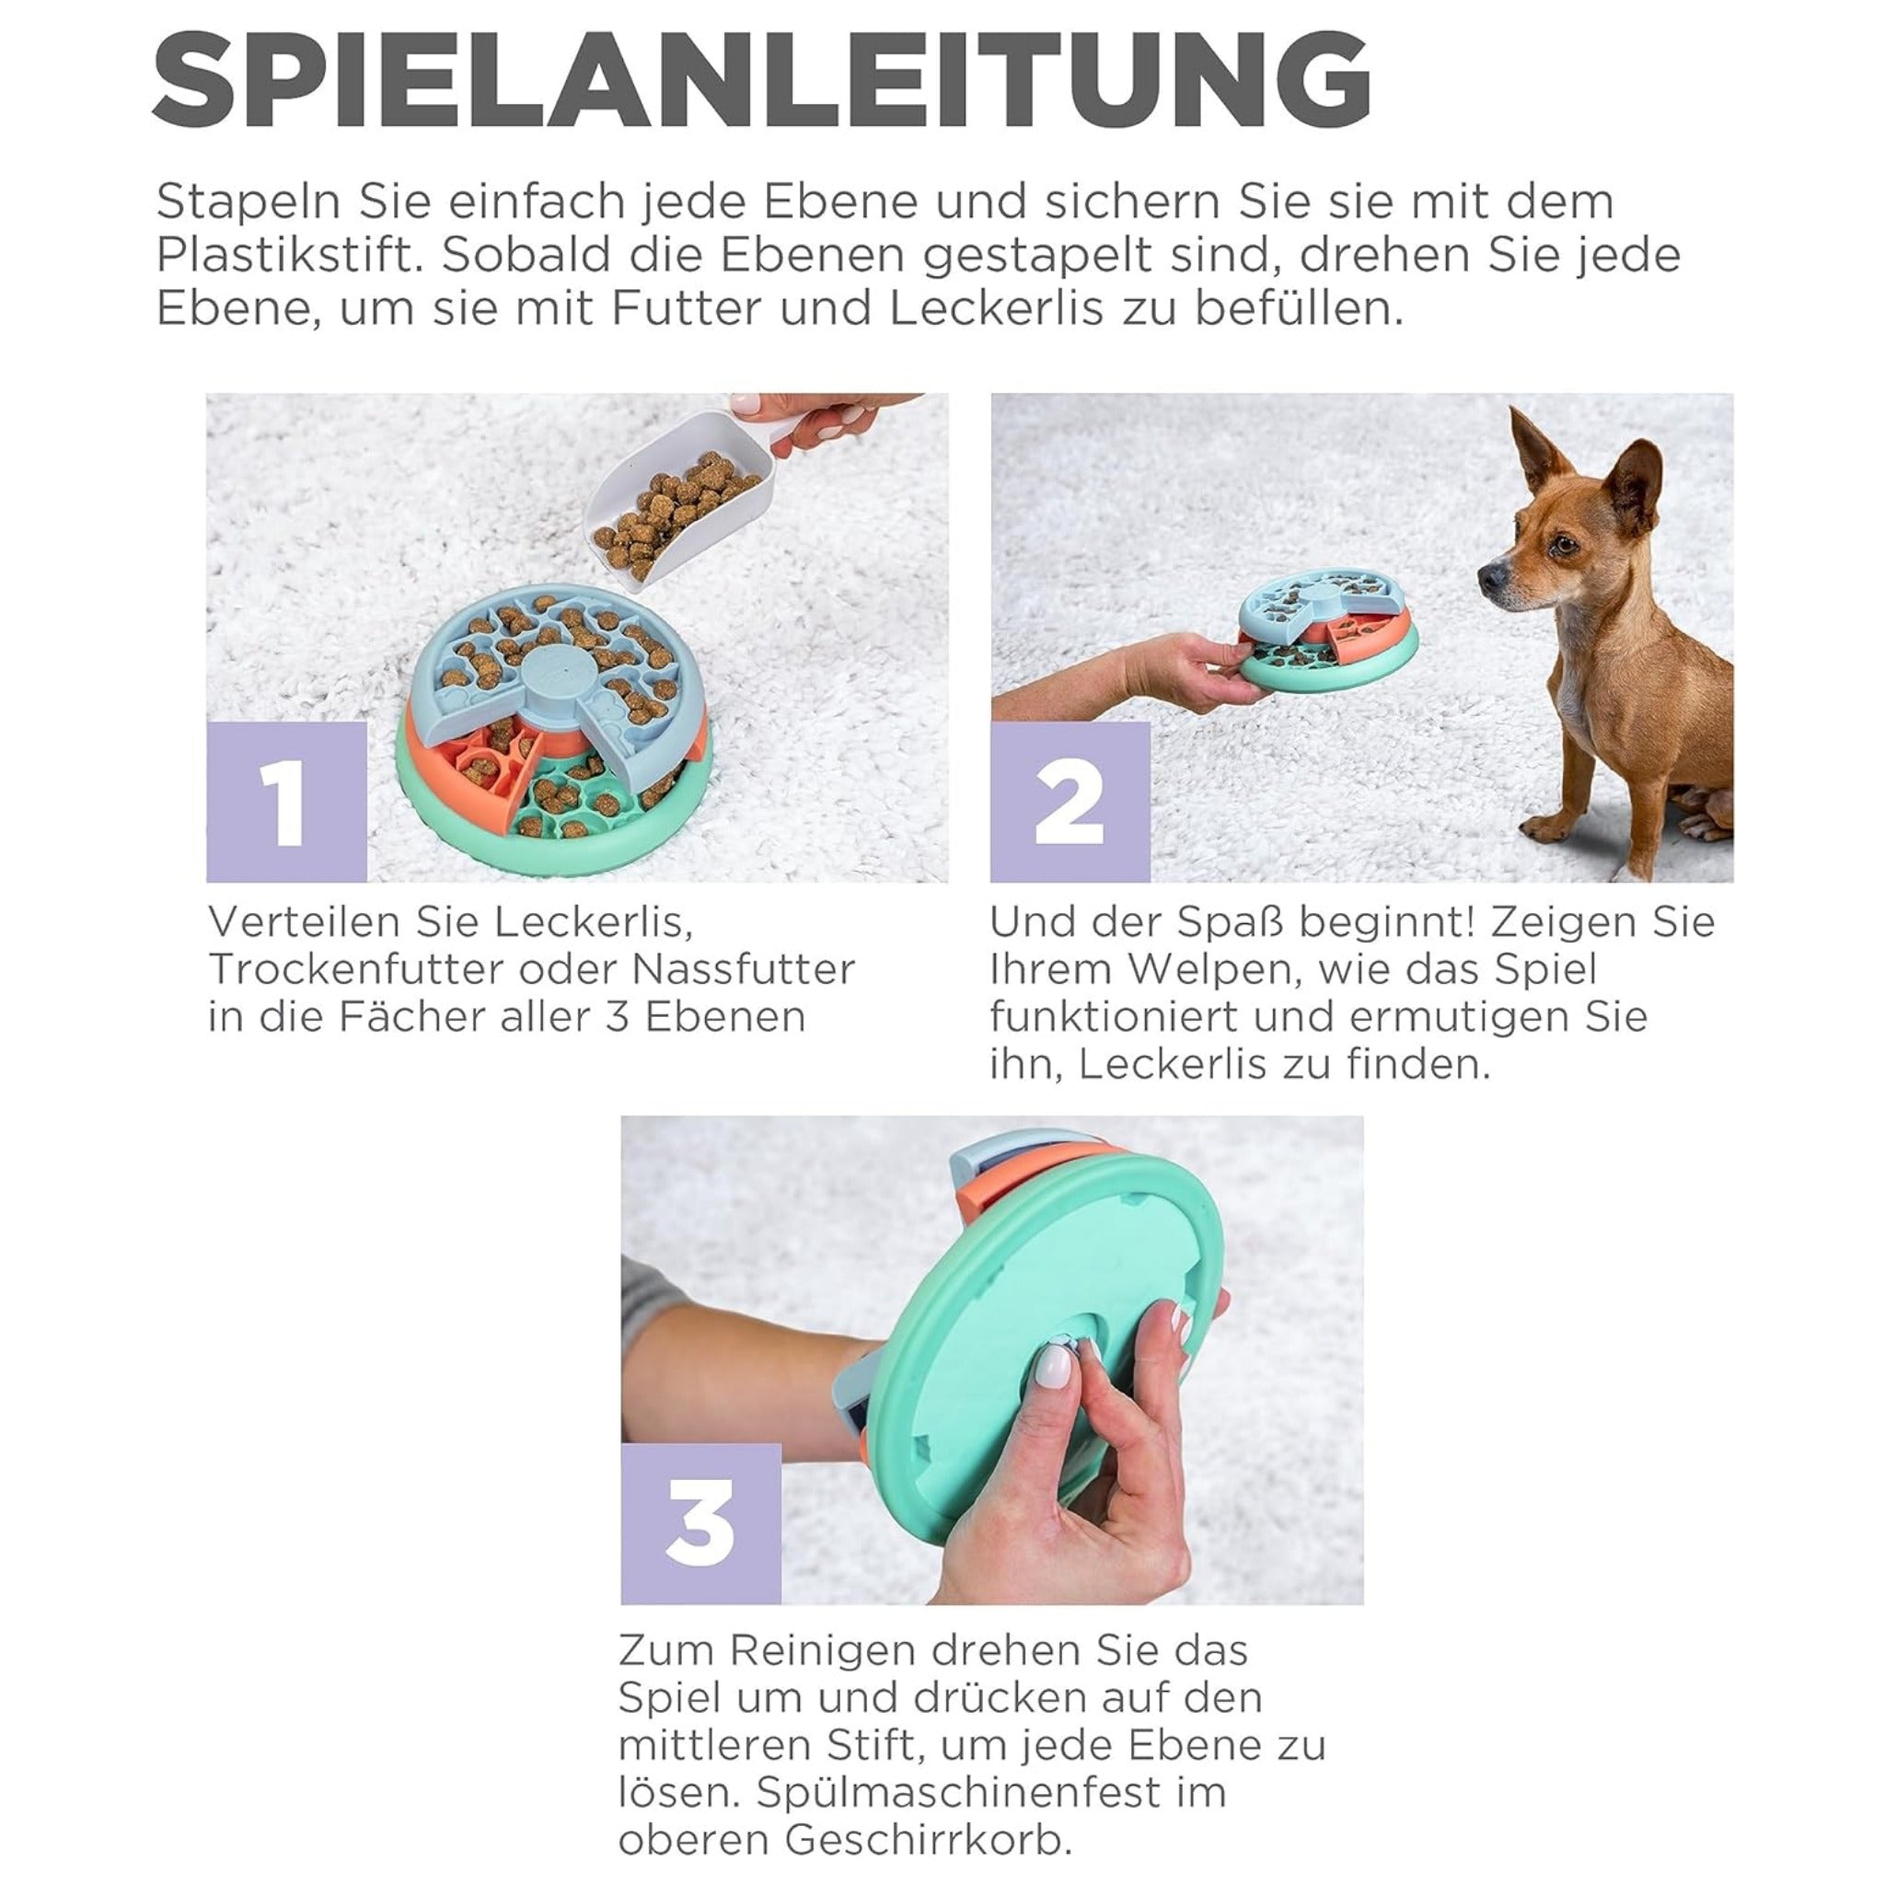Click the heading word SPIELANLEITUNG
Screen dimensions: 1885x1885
[762, 80]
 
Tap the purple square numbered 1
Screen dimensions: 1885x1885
[287, 802]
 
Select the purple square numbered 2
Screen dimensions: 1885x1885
[1070, 802]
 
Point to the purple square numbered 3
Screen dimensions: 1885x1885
[701, 1524]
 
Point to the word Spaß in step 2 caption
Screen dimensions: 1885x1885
[1230, 923]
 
